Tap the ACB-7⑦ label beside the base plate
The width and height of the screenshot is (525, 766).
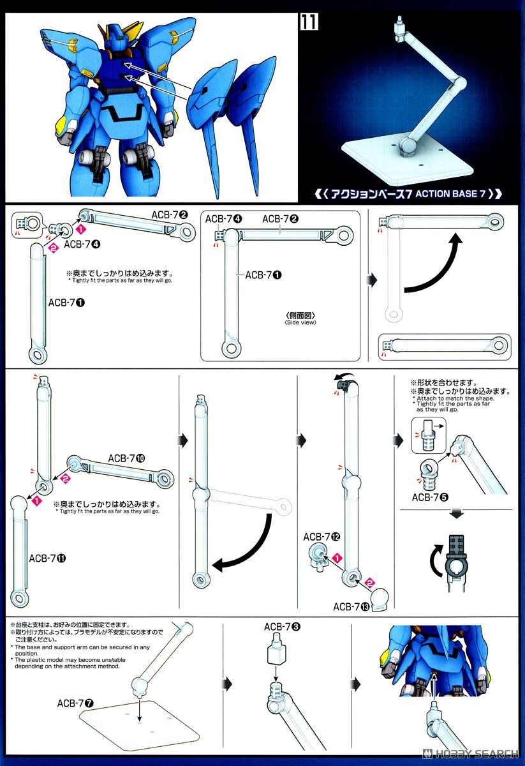click(75, 703)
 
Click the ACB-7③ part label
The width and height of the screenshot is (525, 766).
click(283, 627)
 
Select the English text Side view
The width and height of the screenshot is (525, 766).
click(300, 322)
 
